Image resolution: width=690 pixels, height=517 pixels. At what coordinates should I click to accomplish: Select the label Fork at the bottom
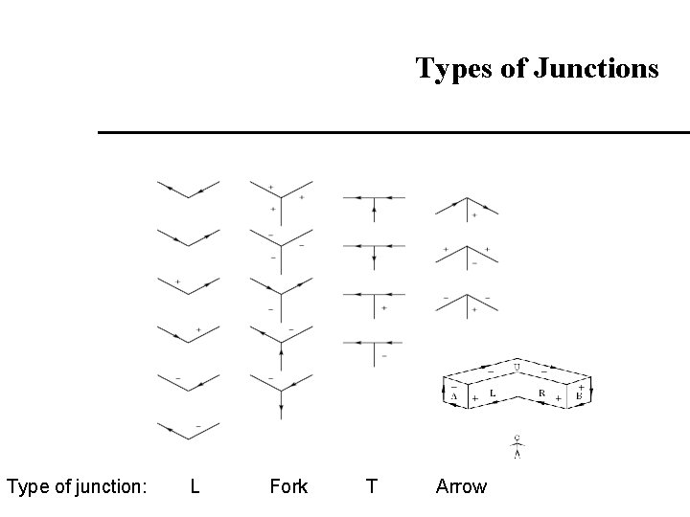(288, 486)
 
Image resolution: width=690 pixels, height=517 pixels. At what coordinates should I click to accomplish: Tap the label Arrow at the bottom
(461, 486)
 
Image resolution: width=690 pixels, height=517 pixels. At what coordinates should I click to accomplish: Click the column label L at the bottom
(195, 486)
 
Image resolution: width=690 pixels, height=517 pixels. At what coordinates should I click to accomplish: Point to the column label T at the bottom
(371, 486)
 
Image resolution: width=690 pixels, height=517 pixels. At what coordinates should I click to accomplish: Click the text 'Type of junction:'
(77, 486)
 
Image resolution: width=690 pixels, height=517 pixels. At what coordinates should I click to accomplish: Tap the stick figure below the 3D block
(517, 446)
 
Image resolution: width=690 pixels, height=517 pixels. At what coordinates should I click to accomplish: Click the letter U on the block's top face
(517, 367)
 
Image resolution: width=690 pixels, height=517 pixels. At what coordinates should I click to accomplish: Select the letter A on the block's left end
(453, 393)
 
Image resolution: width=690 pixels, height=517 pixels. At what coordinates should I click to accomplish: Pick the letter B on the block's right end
(579, 393)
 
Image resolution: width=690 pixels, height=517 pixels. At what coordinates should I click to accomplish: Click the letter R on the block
(542, 392)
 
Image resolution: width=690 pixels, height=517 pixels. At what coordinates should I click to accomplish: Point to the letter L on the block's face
(492, 392)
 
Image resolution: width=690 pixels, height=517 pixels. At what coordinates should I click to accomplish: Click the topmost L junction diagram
(188, 190)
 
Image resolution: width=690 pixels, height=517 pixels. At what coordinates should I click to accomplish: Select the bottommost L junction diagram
(188, 431)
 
